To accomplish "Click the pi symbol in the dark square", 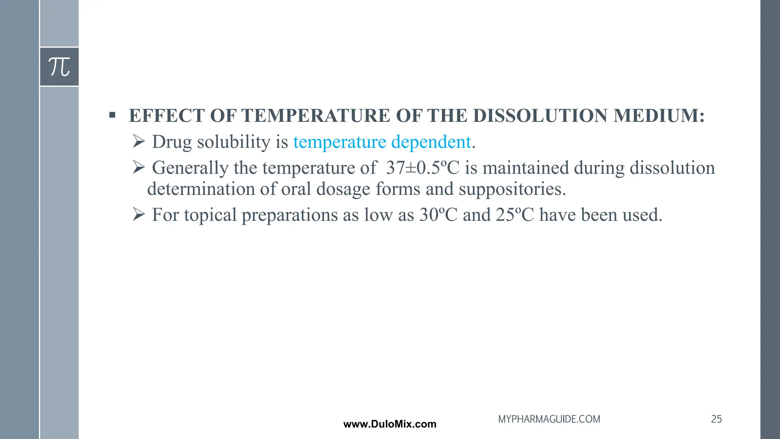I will (x=59, y=67).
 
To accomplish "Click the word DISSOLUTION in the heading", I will (x=540, y=115).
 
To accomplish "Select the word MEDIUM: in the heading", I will (x=659, y=115).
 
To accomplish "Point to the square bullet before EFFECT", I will (x=112, y=115).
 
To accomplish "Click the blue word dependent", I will (x=431, y=142).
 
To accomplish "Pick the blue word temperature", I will (x=339, y=142).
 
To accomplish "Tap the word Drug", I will (x=172, y=142).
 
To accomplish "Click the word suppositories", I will (x=512, y=189).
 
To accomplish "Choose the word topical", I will (x=211, y=215).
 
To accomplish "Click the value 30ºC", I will (x=438, y=215).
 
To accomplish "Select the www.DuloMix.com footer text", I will (x=390, y=424).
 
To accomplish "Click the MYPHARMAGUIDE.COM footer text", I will (x=549, y=419).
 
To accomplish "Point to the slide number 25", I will (x=716, y=419).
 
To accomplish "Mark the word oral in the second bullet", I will (x=296, y=189).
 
